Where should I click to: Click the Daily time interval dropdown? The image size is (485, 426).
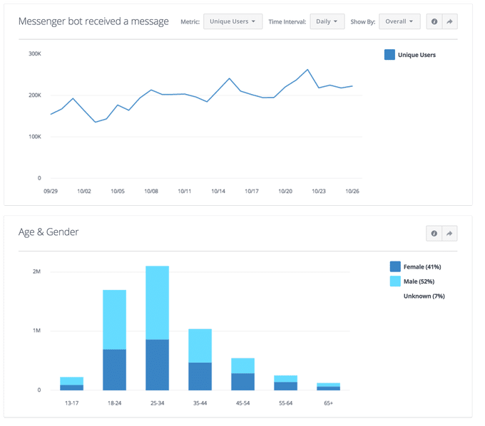click(x=327, y=21)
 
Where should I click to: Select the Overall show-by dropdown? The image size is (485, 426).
click(x=399, y=21)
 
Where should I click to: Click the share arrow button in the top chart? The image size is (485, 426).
click(x=450, y=21)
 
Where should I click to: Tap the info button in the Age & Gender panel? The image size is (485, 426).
click(x=434, y=234)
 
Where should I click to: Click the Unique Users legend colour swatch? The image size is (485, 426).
click(x=389, y=54)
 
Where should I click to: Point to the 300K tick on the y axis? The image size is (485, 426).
click(x=34, y=53)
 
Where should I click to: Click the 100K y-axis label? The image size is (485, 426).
click(x=34, y=136)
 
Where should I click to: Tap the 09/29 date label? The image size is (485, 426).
click(x=51, y=191)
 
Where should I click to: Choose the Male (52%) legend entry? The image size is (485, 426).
click(x=420, y=281)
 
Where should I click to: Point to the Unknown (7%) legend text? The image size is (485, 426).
click(x=424, y=296)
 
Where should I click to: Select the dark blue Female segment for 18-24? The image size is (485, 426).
click(x=114, y=370)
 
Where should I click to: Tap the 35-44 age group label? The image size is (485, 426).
click(x=200, y=402)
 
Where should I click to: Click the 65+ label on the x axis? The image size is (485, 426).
click(x=329, y=402)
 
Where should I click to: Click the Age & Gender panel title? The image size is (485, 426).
click(x=48, y=232)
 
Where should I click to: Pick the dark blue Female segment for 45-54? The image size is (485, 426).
click(x=242, y=381)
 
